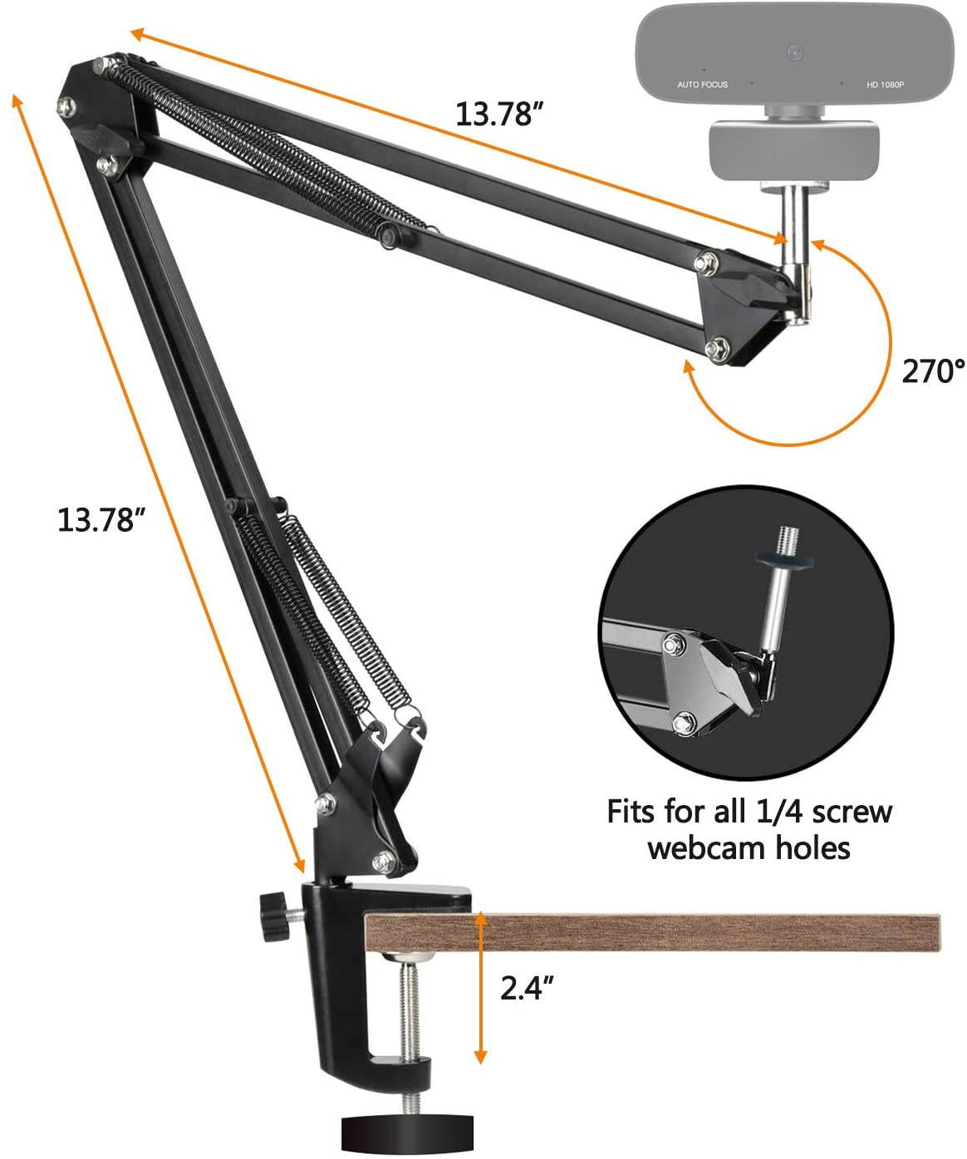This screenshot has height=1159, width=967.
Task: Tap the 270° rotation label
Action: coord(933,371)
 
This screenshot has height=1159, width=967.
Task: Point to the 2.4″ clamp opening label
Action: coord(527,988)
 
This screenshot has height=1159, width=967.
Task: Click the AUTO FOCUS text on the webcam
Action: coord(702,85)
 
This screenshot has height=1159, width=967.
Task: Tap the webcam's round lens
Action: coord(795,52)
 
